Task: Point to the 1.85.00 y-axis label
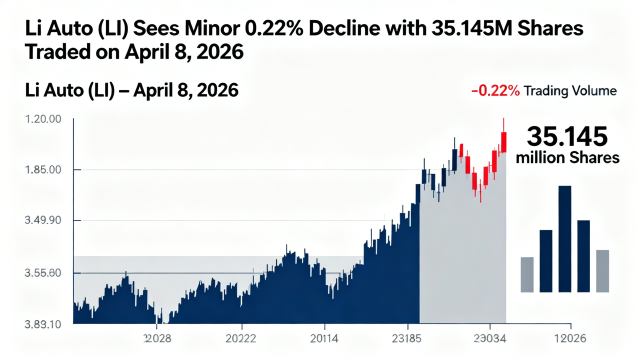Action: point(42,170)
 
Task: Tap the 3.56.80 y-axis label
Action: point(42,273)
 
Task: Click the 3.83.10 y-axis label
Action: point(42,324)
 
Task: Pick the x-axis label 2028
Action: point(157,339)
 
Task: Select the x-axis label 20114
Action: point(324,339)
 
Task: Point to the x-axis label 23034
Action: point(490,339)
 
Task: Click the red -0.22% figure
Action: point(495,91)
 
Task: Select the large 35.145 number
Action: point(567,136)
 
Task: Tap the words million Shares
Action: point(567,158)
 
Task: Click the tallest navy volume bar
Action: point(564,238)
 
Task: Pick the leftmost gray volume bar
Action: point(527,274)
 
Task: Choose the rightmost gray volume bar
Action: point(602,270)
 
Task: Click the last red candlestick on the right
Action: point(504,141)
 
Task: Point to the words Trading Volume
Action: point(570,91)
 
